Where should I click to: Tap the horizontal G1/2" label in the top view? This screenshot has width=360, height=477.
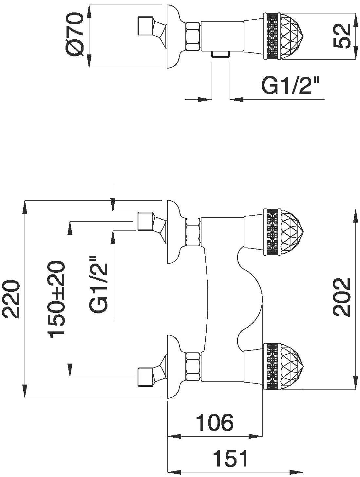(290, 86)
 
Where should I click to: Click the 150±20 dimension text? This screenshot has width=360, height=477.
(57, 299)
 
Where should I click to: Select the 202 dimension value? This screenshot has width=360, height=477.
(342, 297)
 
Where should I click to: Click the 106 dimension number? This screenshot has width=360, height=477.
(215, 423)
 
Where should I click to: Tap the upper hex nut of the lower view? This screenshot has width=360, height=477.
(193, 232)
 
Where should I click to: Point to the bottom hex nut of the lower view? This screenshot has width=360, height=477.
(193, 367)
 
